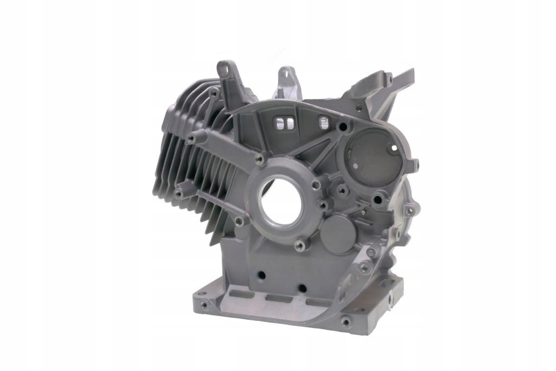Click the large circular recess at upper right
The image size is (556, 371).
coord(369,151)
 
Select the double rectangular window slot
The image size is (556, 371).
coord(285,122)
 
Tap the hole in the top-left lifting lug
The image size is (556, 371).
coord(225,68)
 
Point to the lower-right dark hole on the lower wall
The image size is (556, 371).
coord(302,288)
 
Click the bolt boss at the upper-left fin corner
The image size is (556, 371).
coord(191,138)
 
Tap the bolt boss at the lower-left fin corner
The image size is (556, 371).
coord(178,193)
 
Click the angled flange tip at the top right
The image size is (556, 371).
coord(409,74)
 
